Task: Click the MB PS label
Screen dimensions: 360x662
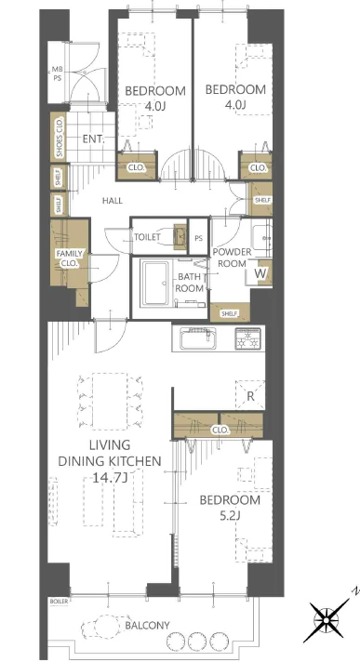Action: [x=57, y=73]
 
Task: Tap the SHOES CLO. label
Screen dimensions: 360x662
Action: [x=60, y=137]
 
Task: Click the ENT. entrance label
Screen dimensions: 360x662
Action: [x=93, y=139]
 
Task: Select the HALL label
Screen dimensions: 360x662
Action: [x=113, y=201]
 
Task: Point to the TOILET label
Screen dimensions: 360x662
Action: [x=147, y=237]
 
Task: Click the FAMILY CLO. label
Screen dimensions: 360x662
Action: [x=70, y=258]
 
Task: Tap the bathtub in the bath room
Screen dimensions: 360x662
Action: [x=155, y=284]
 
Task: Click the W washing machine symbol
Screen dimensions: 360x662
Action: [x=260, y=273]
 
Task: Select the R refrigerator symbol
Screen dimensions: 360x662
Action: [x=250, y=395]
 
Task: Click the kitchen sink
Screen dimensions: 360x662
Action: [x=198, y=338]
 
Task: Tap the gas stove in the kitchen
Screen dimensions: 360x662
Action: [x=248, y=338]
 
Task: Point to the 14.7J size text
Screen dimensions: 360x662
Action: [x=110, y=478]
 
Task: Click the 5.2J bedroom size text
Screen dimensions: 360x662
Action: [x=230, y=515]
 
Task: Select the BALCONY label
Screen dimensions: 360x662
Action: [x=147, y=625]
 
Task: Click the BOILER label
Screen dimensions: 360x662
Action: [x=59, y=602]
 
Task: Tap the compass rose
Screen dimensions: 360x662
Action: [x=327, y=619]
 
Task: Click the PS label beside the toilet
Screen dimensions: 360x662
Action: [x=198, y=238]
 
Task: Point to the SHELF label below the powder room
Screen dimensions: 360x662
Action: [x=230, y=313]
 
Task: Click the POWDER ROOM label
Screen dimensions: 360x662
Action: [x=232, y=258]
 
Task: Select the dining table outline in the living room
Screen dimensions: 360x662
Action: [x=110, y=401]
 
